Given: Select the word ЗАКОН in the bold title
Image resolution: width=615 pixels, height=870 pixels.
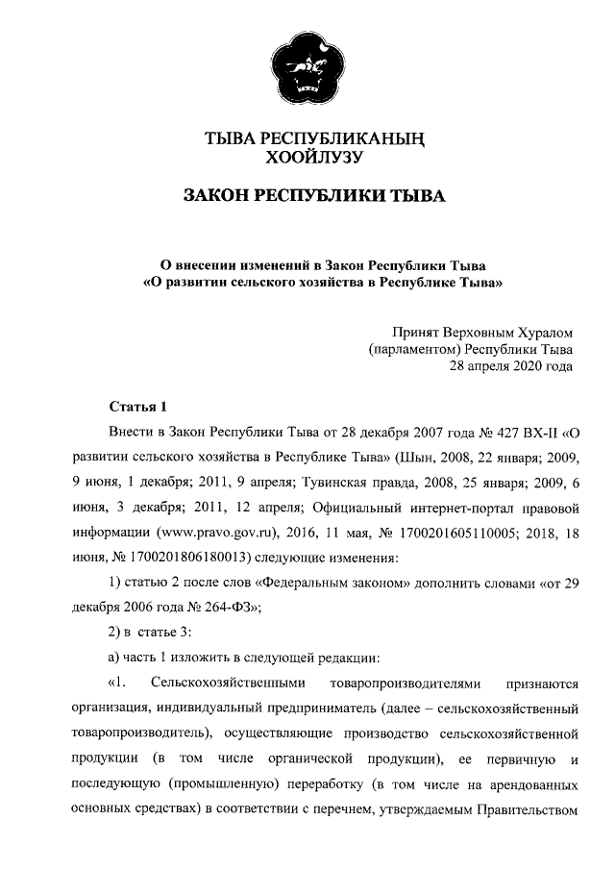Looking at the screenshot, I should click(218, 197).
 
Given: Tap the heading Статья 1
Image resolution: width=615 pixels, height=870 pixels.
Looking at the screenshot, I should click(138, 406).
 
